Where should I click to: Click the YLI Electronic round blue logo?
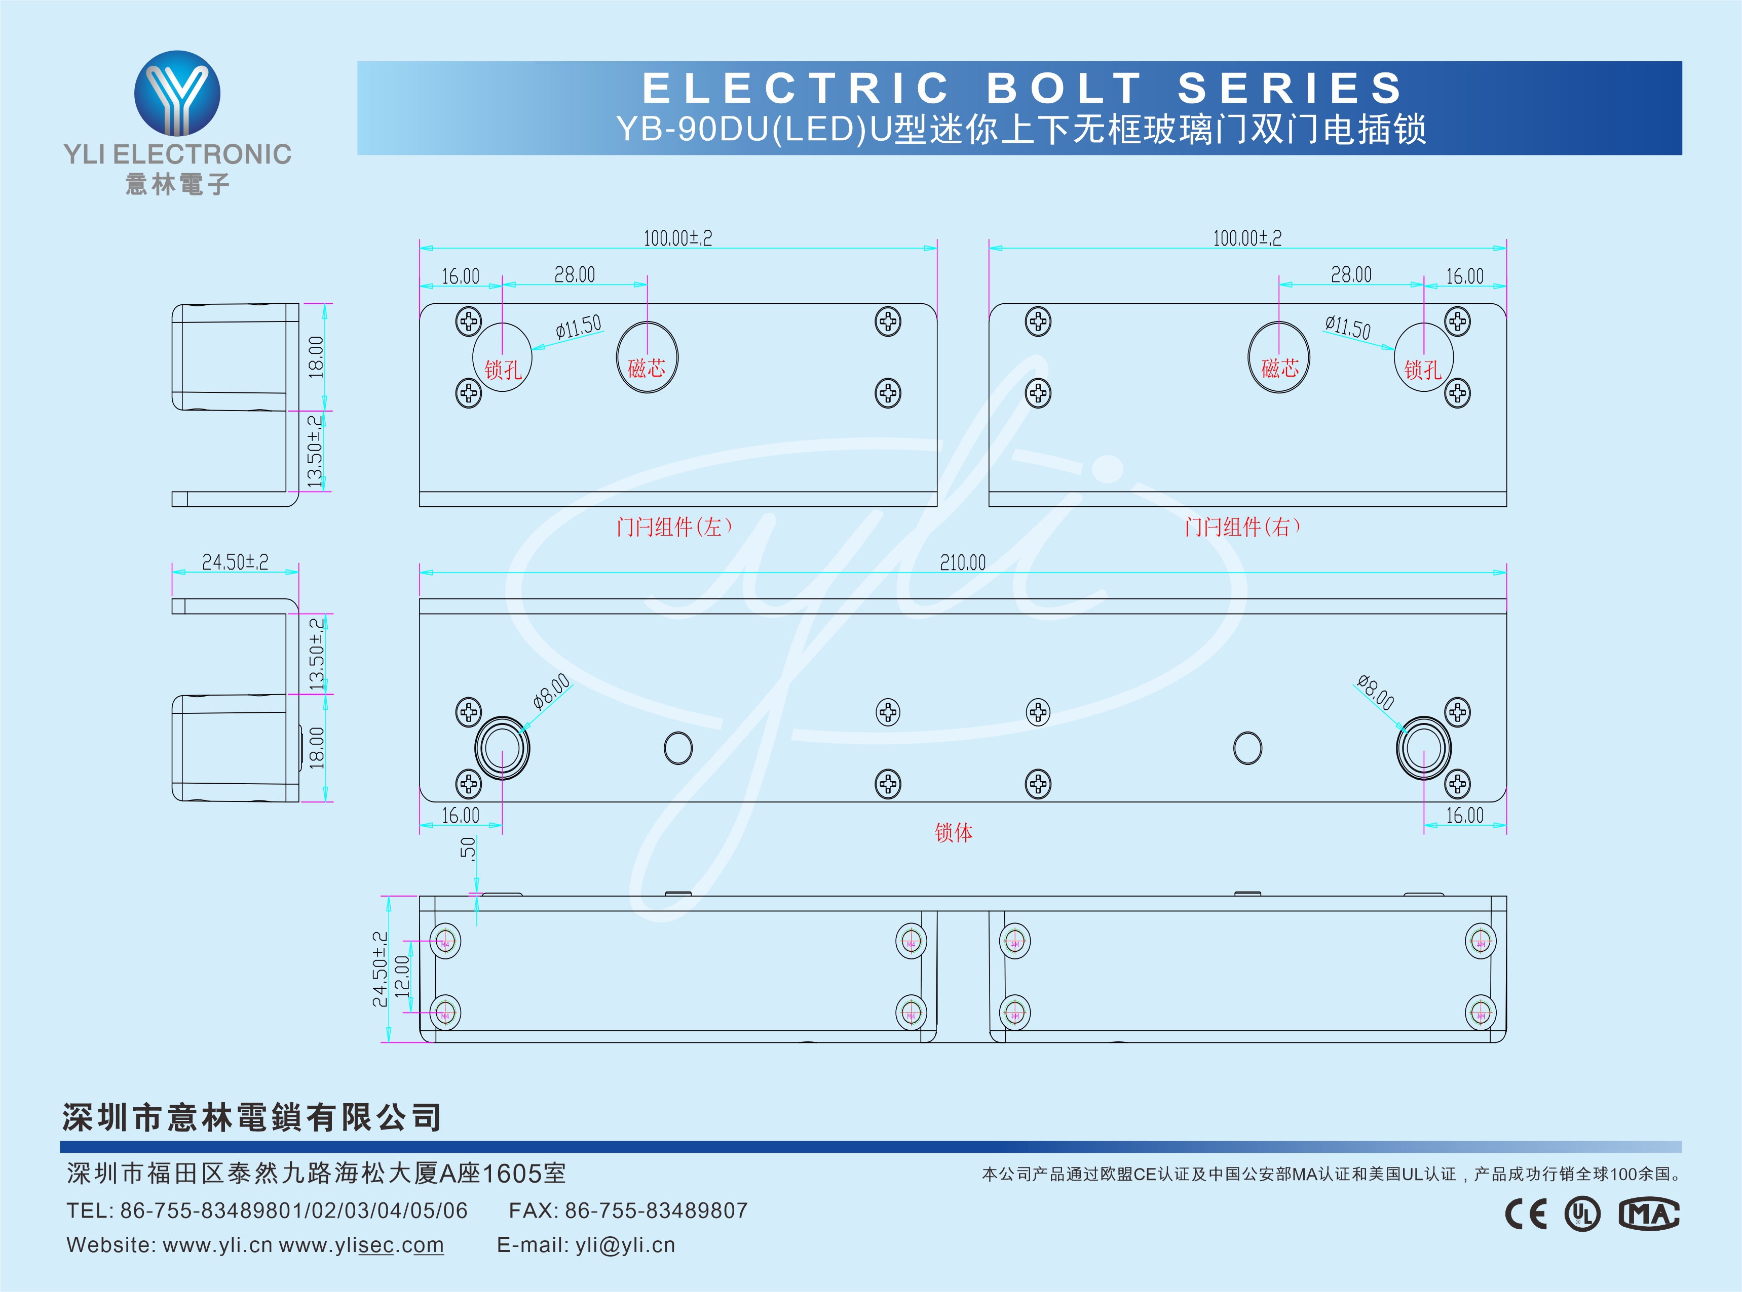pos(178,94)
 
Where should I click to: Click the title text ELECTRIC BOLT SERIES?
pos(1023,88)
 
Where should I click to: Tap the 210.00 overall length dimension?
pos(963,562)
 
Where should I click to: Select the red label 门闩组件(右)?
pos(1242,527)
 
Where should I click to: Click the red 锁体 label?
pos(954,832)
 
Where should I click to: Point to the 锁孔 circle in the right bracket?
pos(1423,357)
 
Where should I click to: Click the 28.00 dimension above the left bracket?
pos(575,274)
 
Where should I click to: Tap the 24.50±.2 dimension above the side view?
pos(235,561)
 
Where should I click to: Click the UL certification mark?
pos(1582,1214)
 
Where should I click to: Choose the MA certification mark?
pos(1649,1214)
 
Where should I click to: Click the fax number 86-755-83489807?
pos(656,1210)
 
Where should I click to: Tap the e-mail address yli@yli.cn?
pos(624,1245)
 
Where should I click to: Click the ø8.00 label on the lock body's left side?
pos(552,691)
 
